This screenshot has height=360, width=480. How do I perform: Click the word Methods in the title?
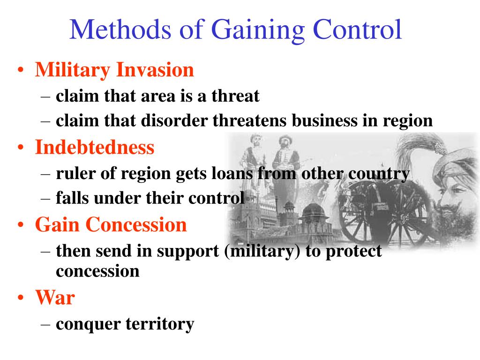[x=120, y=30]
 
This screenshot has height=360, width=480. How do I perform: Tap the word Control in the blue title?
[x=357, y=30]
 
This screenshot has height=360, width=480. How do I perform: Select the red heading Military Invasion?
[x=114, y=70]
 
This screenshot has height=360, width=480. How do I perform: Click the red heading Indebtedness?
[x=95, y=147]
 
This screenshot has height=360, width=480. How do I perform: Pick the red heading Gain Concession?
[x=111, y=225]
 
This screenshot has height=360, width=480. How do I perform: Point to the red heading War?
[x=55, y=297]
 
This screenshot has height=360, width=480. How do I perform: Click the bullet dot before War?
[x=21, y=298]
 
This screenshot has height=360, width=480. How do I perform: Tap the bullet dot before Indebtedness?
[x=21, y=148]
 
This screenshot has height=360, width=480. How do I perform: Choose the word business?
[x=324, y=120]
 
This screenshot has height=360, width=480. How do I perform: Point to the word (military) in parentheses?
[x=262, y=251]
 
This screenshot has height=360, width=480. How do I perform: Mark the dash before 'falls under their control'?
[x=45, y=198]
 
